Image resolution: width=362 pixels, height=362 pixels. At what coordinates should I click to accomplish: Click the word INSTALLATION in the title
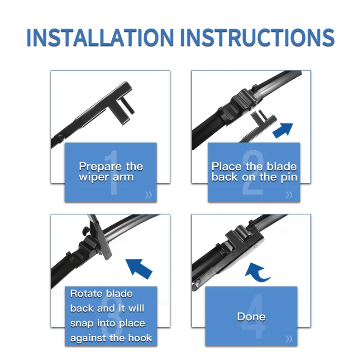click(100, 38)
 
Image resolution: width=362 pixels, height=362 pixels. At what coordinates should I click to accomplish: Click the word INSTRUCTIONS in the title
click(257, 38)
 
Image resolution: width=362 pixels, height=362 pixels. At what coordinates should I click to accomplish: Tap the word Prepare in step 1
click(100, 167)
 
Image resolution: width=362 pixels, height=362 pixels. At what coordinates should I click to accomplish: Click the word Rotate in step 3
click(86, 293)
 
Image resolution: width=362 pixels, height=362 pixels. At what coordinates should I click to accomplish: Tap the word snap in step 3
click(82, 324)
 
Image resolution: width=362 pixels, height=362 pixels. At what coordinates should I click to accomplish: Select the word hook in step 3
click(140, 338)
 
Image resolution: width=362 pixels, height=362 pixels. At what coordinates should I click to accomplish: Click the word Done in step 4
click(251, 316)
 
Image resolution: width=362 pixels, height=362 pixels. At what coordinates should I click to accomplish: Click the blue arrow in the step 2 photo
click(283, 130)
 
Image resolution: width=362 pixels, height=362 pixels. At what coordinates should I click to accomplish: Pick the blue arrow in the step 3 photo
click(139, 269)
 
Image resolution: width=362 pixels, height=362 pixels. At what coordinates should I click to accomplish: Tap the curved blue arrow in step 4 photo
click(257, 272)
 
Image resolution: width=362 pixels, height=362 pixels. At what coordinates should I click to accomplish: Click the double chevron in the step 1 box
click(148, 195)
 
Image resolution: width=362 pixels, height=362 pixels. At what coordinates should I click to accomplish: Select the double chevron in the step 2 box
click(289, 195)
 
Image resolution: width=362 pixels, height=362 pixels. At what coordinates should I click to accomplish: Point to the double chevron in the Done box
click(289, 339)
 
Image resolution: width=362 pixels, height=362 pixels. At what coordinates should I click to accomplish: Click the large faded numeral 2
click(253, 172)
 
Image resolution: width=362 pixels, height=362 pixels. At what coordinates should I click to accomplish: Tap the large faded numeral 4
click(253, 316)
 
